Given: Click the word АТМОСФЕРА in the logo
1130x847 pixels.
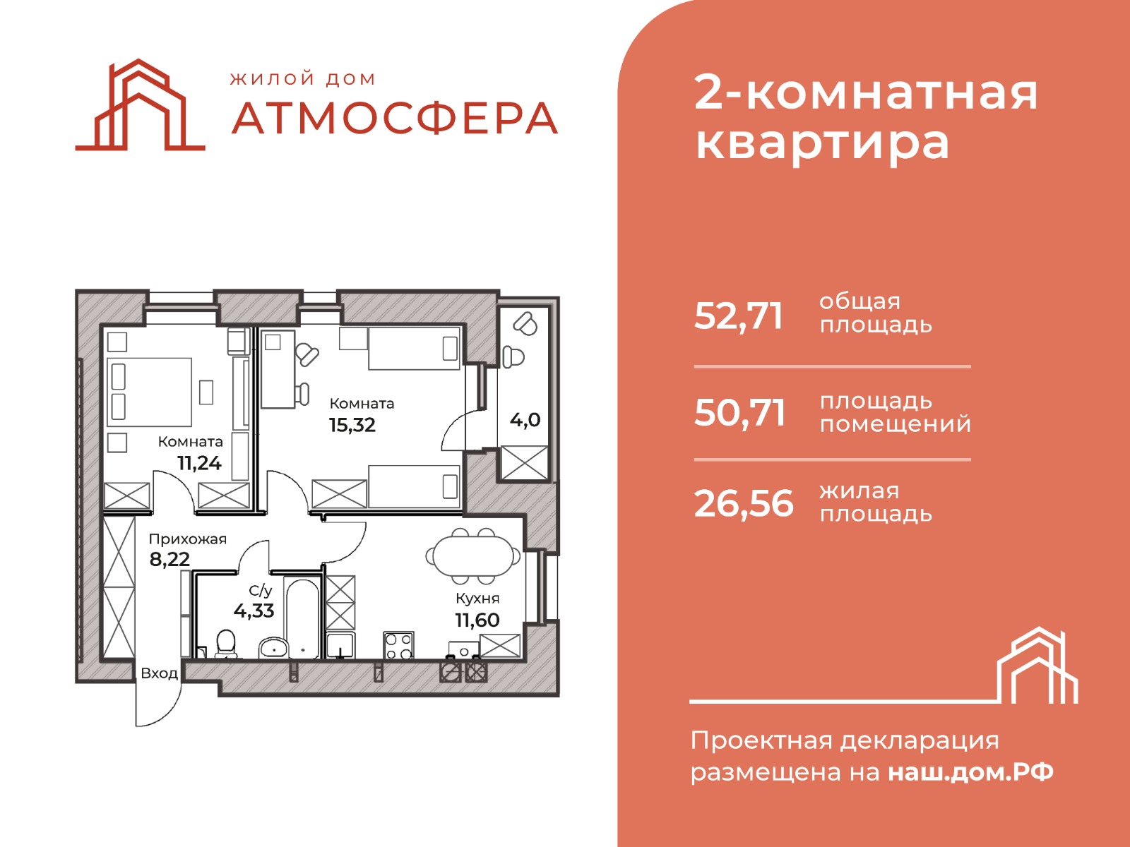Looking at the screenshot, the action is pyautogui.click(x=395, y=119).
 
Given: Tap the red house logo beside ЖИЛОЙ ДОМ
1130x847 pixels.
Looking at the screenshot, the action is pyautogui.click(x=140, y=105).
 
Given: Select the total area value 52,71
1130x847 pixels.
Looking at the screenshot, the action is pyautogui.click(x=738, y=316).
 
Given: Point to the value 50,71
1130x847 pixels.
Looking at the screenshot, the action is pyautogui.click(x=739, y=412).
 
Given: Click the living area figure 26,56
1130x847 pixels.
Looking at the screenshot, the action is pyautogui.click(x=744, y=503).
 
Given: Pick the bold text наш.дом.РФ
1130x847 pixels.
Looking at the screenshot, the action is pyautogui.click(x=970, y=772).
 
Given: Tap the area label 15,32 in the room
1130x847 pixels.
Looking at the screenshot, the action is pyautogui.click(x=352, y=425).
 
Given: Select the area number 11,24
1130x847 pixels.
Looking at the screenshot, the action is pyautogui.click(x=199, y=463).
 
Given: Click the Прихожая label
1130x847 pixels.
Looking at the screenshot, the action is pyautogui.click(x=187, y=539).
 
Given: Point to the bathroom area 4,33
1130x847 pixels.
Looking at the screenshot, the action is pyautogui.click(x=254, y=611).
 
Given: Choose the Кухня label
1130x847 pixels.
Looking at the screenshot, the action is pyautogui.click(x=477, y=598).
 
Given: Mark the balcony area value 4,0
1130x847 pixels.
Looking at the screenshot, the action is pyautogui.click(x=525, y=420).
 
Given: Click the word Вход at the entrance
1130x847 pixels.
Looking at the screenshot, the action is pyautogui.click(x=159, y=673).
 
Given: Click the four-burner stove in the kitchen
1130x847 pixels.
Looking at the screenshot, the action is pyautogui.click(x=398, y=645).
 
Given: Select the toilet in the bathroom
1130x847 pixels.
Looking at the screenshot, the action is pyautogui.click(x=225, y=644).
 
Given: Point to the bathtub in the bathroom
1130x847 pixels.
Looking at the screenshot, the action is pyautogui.click(x=303, y=619).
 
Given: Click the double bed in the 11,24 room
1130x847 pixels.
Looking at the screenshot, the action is pyautogui.click(x=149, y=392).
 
